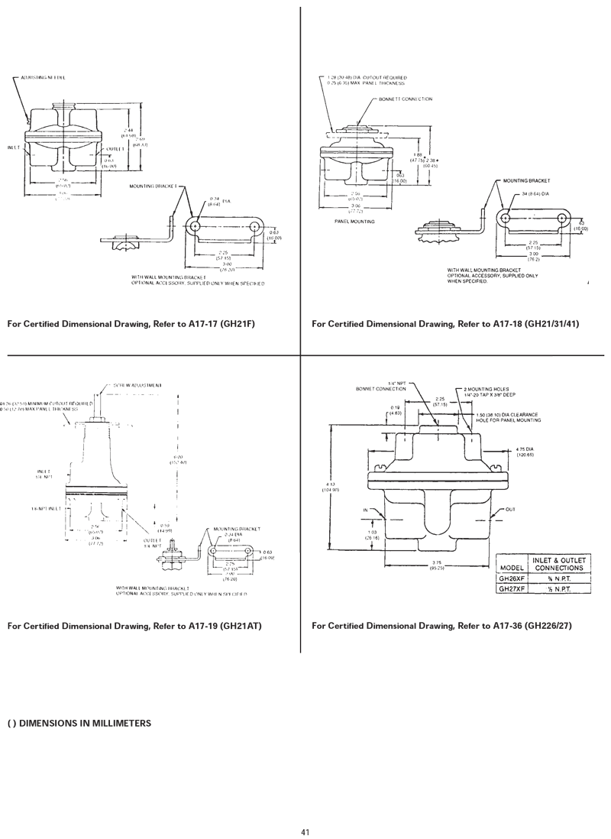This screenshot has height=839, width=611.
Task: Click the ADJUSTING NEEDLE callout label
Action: (44, 78)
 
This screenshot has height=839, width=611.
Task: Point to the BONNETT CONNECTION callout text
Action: (406, 99)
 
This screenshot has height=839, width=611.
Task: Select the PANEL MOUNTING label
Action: (354, 221)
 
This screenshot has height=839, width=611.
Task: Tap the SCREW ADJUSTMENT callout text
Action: (137, 385)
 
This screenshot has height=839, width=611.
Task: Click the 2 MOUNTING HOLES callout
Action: (490, 389)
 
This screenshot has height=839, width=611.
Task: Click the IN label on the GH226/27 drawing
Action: (366, 509)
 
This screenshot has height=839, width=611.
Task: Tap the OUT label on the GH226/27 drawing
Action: (511, 509)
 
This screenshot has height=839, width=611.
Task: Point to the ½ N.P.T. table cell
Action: (560, 589)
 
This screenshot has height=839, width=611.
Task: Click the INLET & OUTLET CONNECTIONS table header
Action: (560, 564)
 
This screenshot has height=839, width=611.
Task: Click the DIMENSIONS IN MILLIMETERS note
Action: (79, 723)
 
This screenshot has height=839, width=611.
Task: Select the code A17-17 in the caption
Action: (201, 324)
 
